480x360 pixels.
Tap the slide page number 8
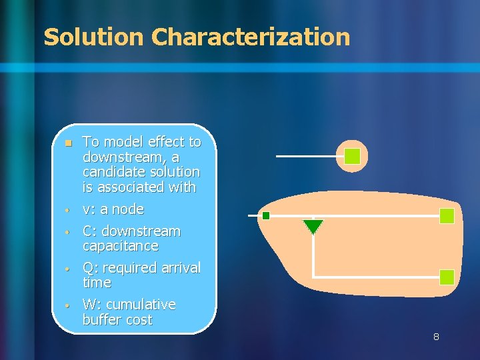point(436,337)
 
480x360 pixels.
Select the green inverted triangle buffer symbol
point(313,227)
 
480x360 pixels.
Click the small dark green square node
point(265,215)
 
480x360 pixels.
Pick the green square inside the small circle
point(352,157)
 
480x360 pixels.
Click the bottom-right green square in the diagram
point(447,277)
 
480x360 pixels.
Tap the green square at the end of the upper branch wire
point(447,216)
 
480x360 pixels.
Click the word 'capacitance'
point(120,246)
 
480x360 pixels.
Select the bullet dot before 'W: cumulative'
point(67,305)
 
